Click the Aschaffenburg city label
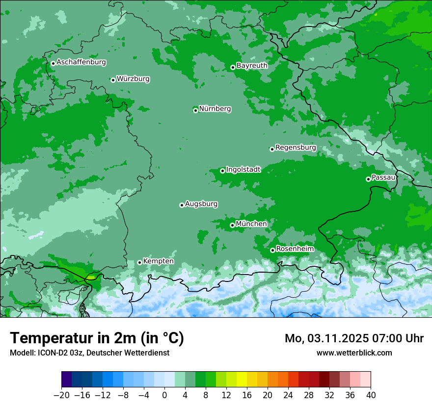[81, 62]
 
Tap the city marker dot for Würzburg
[113, 80]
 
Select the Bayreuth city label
[252, 65]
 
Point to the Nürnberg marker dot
[195, 110]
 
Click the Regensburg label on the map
[296, 148]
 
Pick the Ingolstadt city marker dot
[222, 171]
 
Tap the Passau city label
[383, 177]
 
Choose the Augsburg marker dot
[182, 205]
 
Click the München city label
[251, 224]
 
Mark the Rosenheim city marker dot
[272, 251]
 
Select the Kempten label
[158, 261]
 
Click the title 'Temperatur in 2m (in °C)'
[97, 338]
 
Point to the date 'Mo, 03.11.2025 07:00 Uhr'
[354, 338]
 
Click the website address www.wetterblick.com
[354, 353]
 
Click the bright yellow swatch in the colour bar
[242, 380]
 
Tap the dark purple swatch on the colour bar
[67, 380]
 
